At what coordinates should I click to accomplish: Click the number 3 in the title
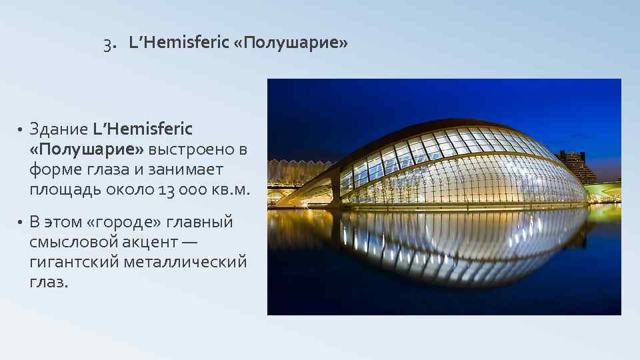pos(107,43)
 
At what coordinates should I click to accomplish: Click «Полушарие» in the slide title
pos(291,43)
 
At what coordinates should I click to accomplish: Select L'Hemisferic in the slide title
pos(179,43)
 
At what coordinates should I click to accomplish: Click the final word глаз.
pos(48,282)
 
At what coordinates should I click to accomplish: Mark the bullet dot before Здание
pos(21,129)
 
